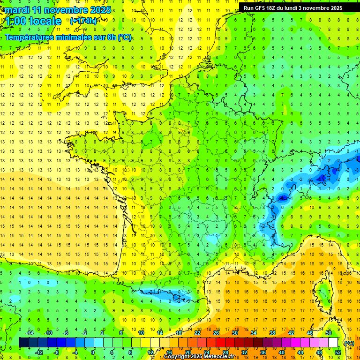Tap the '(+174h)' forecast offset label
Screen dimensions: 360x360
83,21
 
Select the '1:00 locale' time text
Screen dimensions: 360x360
33,21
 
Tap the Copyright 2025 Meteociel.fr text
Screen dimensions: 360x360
199,357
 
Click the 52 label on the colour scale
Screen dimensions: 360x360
338,352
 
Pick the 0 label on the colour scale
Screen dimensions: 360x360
92,352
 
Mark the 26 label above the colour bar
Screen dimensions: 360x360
216,333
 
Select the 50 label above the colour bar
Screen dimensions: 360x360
329,333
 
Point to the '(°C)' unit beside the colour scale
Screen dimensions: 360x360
349,343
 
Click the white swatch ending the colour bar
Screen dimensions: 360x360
333,343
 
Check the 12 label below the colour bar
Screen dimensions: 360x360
150,352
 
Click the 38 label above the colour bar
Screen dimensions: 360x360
272,333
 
